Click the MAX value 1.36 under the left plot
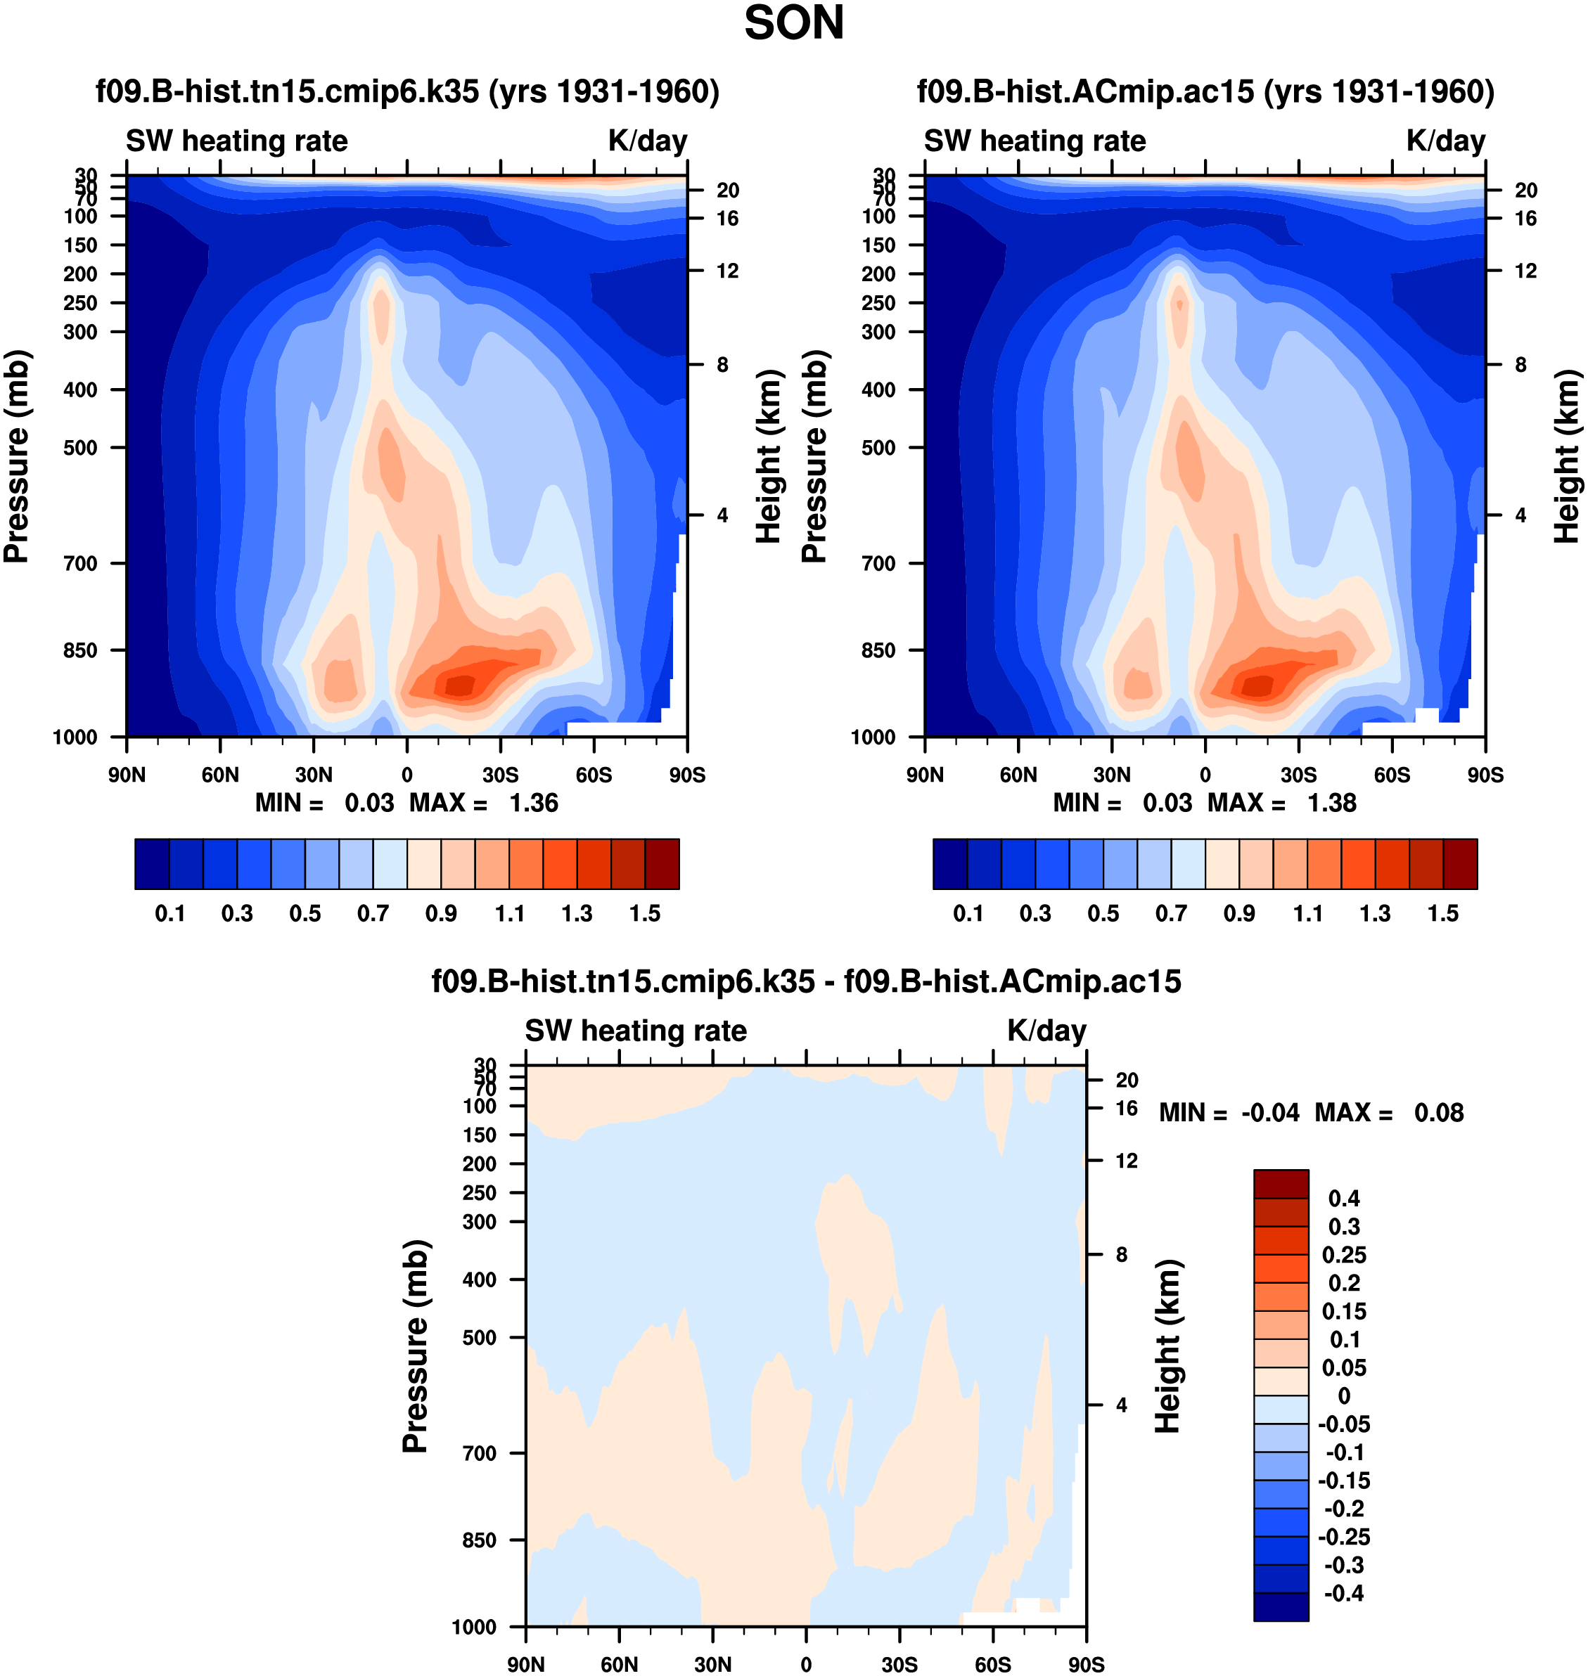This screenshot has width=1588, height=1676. (533, 803)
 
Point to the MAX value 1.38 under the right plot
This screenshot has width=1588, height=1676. (1331, 803)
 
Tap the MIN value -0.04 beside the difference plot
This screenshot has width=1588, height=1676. (1269, 1113)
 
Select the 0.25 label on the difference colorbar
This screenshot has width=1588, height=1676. (1343, 1255)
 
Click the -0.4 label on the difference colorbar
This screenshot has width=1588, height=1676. (1343, 1593)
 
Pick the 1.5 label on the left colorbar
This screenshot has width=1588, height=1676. (645, 914)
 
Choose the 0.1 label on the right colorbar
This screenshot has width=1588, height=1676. (968, 914)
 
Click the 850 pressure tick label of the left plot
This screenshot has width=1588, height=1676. (80, 650)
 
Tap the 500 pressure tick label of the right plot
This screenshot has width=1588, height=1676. (878, 448)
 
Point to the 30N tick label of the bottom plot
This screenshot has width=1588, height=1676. (712, 1665)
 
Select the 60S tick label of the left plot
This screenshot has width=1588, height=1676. (594, 775)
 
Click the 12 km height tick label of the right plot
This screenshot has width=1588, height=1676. (1525, 271)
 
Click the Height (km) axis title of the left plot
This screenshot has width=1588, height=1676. (768, 457)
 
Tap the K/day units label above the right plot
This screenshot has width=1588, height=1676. (1446, 141)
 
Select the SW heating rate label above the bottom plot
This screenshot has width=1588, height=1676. (636, 1031)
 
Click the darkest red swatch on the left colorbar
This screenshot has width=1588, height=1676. (662, 864)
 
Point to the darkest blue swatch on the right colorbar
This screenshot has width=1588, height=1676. (949, 864)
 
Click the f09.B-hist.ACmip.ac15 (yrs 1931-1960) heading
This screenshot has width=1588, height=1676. (1205, 91)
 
